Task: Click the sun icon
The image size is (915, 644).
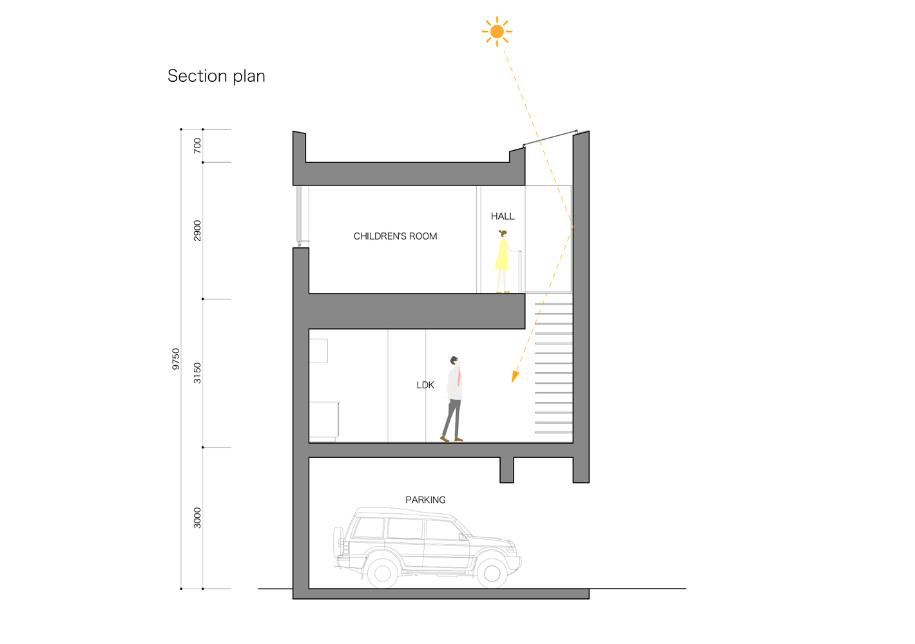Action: point(497,32)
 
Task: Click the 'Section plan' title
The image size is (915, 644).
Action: point(217,76)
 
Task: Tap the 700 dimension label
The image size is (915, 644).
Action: point(197,146)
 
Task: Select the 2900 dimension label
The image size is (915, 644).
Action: point(197,231)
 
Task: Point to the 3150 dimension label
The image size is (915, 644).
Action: point(197,374)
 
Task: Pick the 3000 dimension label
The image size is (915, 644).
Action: point(197,518)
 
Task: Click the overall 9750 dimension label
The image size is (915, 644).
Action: point(176,359)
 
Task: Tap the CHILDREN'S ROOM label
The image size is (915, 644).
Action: point(395,236)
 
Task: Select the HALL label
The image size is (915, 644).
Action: point(503,216)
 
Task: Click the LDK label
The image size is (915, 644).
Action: point(425,384)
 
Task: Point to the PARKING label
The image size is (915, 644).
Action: point(425,500)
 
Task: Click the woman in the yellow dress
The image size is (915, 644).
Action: point(503,261)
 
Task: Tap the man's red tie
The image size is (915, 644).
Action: point(459,377)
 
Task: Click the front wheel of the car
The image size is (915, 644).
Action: point(492,574)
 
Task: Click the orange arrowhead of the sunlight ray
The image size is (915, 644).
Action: point(515,377)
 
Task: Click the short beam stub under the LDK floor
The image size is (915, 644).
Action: point(506,469)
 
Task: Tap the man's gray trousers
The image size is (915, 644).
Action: point(452,418)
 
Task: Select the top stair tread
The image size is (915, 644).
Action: point(554,304)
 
